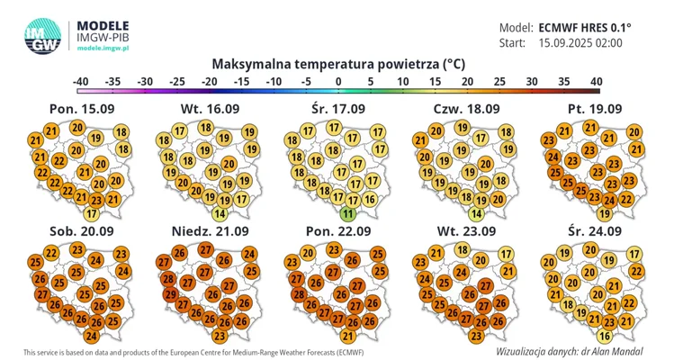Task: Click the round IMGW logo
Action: click(x=42, y=35)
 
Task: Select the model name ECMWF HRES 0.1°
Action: click(x=585, y=27)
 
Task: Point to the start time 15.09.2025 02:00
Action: click(x=580, y=42)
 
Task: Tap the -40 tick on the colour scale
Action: click(x=81, y=82)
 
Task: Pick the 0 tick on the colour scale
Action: click(x=338, y=82)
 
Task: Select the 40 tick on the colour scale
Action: click(x=595, y=82)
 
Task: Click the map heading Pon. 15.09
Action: click(x=81, y=109)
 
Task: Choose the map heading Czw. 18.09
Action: click(x=466, y=109)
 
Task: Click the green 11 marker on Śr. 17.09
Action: click(x=348, y=214)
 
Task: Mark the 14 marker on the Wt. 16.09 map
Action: click(x=220, y=214)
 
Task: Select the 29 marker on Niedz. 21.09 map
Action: click(x=167, y=294)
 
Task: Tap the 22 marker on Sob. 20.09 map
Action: click(x=51, y=253)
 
